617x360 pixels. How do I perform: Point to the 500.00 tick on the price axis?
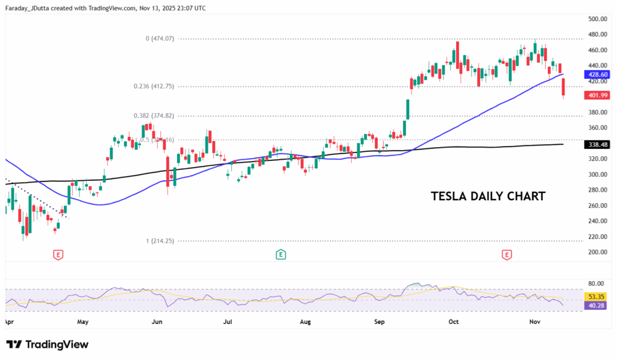(596, 19)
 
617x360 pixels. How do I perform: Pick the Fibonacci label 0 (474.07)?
(160, 39)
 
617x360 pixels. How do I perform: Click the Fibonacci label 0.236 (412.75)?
(154, 86)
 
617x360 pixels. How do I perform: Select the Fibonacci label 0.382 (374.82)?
(154, 116)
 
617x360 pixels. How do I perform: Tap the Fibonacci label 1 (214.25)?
(160, 241)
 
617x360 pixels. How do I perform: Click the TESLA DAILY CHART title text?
(489, 196)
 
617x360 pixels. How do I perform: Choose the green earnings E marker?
(281, 254)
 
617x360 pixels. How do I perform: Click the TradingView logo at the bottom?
(48, 344)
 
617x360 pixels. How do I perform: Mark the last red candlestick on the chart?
(564, 87)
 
